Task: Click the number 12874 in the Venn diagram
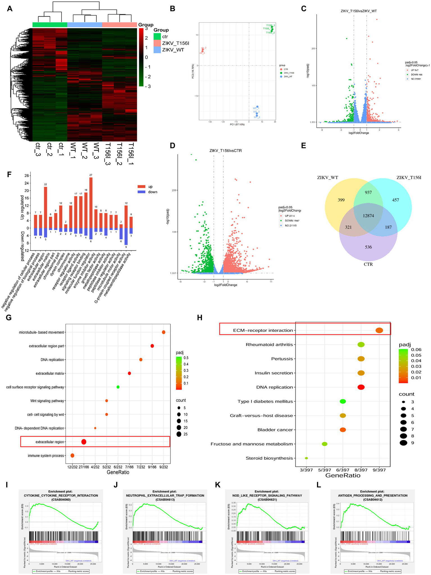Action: [x=368, y=216]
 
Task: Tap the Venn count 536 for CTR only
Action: [x=368, y=247]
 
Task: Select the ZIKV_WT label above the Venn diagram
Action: [x=327, y=178]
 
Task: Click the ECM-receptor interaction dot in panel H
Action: [x=379, y=330]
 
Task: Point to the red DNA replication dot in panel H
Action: [x=361, y=387]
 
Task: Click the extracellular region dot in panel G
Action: [x=84, y=442]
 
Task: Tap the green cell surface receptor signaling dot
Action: [x=118, y=387]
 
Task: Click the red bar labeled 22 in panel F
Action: [x=45, y=207]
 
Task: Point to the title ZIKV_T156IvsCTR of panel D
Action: [x=225, y=151]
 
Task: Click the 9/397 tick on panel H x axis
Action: [x=379, y=470]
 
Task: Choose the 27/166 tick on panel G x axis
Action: [x=84, y=467]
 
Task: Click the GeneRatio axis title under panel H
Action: [x=343, y=475]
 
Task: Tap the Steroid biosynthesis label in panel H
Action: [x=269, y=458]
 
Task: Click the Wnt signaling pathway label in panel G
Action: [x=47, y=401]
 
